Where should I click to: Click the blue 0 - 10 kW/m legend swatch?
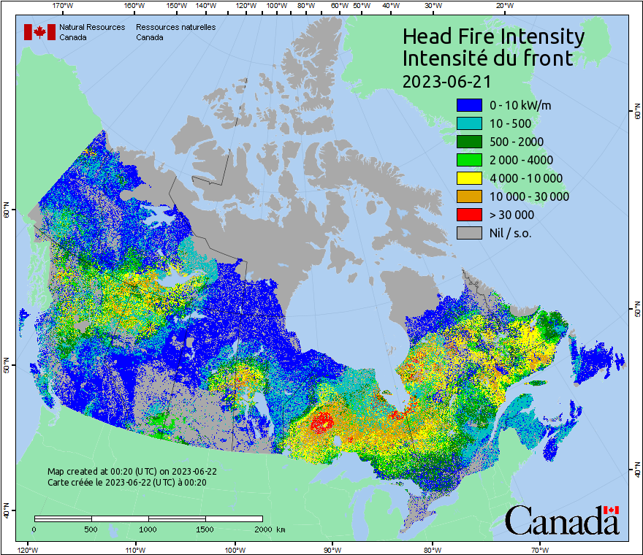pos(469,105)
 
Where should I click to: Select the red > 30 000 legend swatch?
pos(469,215)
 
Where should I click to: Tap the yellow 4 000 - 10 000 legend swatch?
pos(469,178)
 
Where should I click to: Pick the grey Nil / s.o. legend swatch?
pos(469,233)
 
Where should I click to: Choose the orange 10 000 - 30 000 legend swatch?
pos(469,196)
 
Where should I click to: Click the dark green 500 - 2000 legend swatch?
pos(469,142)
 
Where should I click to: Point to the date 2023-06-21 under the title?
pos(446,80)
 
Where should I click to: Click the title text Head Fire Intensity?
pos(493,37)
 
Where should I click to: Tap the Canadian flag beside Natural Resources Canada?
pos(39,32)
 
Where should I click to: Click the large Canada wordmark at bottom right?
pos(562,520)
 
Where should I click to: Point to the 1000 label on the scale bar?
pos(148,529)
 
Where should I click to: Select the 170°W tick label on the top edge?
pos(64,6)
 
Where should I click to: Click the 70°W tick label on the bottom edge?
pos(540,548)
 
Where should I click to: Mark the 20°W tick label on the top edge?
pos(503,6)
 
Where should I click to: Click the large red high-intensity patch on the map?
pos(321,422)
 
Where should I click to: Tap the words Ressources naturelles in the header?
pos(175,28)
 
